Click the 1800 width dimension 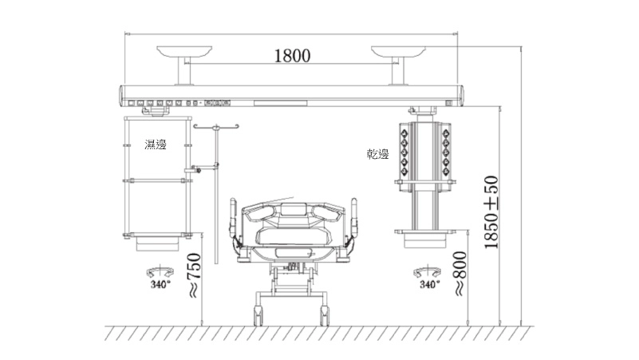click(292, 55)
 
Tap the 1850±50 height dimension click(491, 212)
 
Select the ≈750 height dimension click(194, 275)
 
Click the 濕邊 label click(156, 144)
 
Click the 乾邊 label click(378, 154)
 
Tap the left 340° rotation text click(160, 285)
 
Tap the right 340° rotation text click(429, 284)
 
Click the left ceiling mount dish click(184, 51)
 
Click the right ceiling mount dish click(398, 51)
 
